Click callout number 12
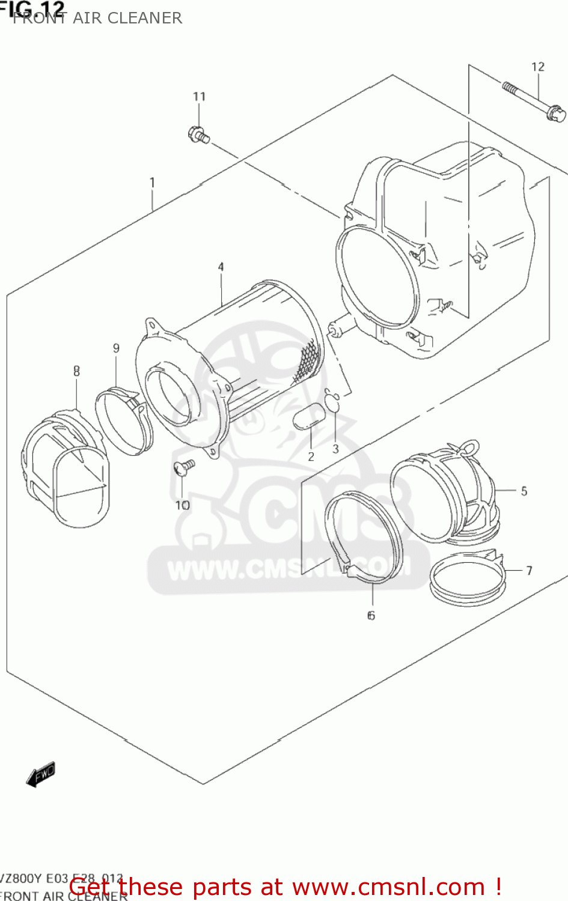(x=538, y=67)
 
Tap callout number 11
(x=199, y=97)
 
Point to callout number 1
(x=153, y=182)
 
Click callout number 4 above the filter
(x=221, y=267)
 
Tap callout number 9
(x=116, y=348)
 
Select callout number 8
(x=76, y=371)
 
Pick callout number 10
(x=182, y=505)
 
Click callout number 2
(x=311, y=457)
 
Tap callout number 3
(x=335, y=449)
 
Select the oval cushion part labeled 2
(x=308, y=416)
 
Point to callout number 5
(x=524, y=491)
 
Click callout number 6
(x=371, y=615)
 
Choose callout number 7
(x=529, y=571)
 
